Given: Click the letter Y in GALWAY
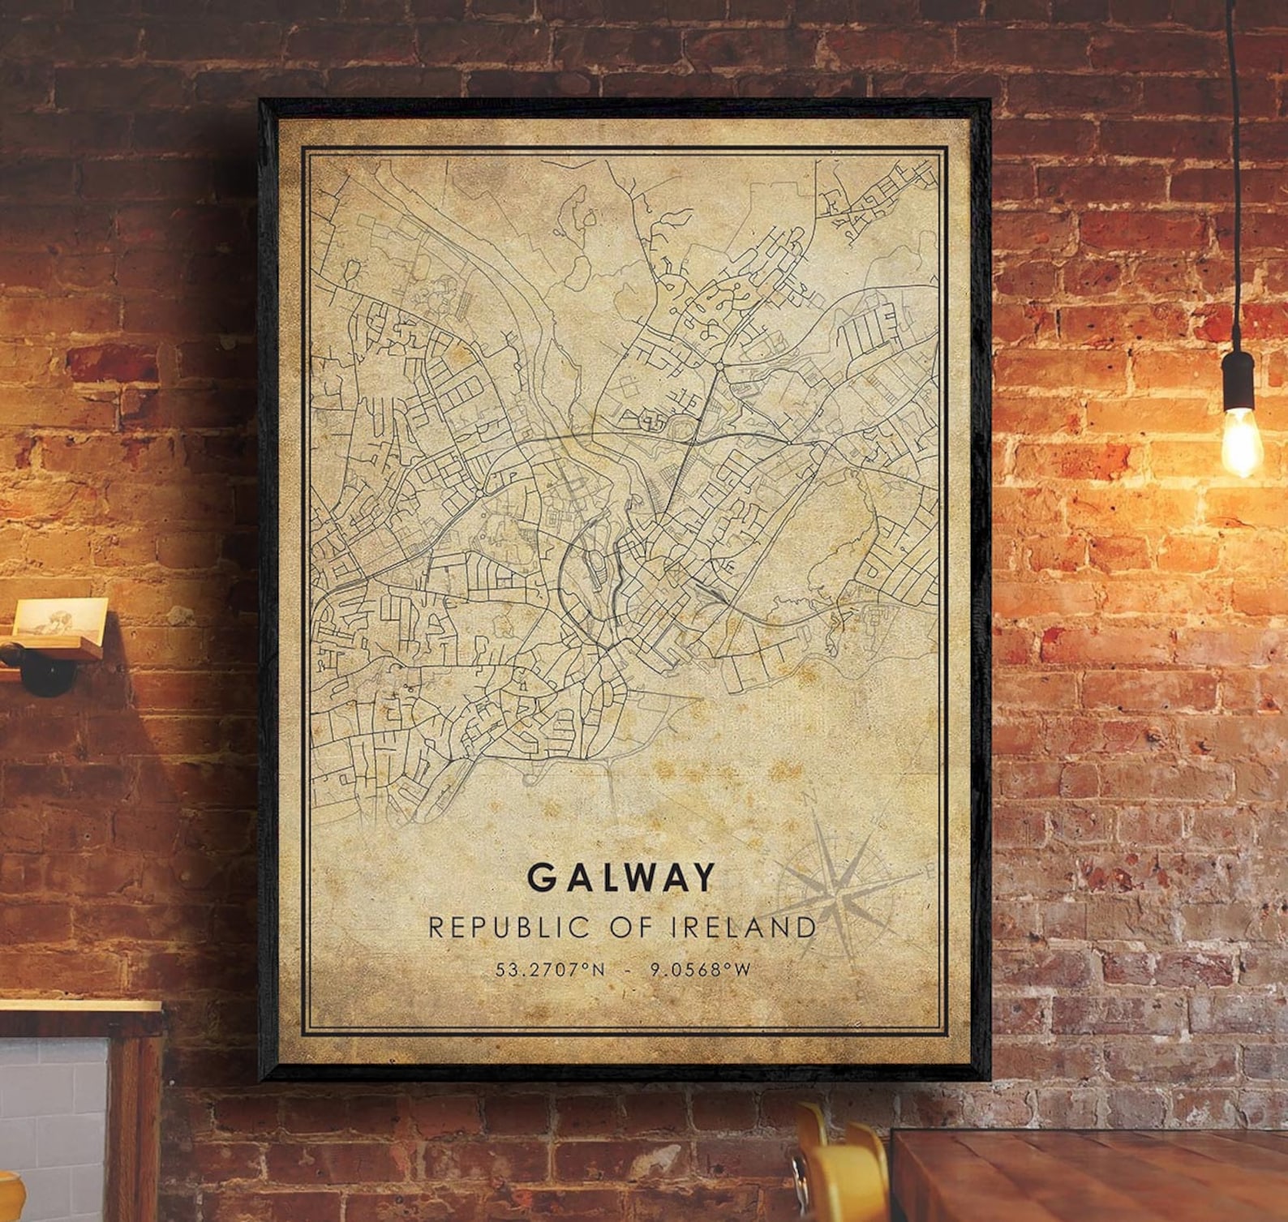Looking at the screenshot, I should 703,877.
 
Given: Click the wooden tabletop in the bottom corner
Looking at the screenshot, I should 1095,1176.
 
